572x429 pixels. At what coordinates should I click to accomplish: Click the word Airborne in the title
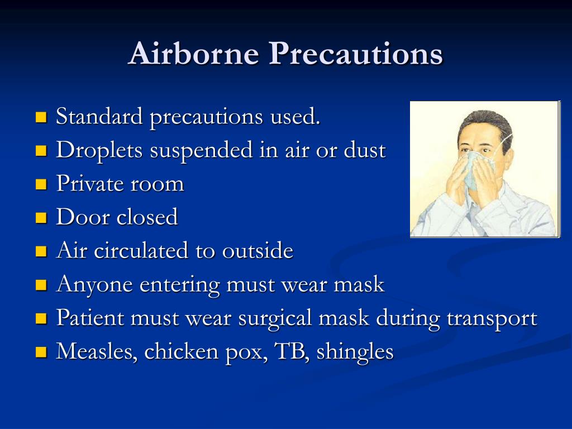click(193, 55)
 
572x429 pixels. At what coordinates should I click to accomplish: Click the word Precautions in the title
click(355, 55)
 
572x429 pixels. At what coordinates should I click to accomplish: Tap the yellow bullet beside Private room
click(40, 184)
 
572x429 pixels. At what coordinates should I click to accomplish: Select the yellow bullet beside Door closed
click(40, 217)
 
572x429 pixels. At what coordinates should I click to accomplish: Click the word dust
click(365, 150)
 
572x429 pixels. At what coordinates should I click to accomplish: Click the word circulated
click(142, 251)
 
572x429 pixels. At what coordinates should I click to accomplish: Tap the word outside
click(258, 251)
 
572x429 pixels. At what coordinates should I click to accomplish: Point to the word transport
click(492, 318)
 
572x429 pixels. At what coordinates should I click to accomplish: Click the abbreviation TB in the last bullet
click(289, 352)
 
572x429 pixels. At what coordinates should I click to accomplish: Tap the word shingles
click(355, 352)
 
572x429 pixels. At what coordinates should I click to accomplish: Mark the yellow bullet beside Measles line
click(40, 352)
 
